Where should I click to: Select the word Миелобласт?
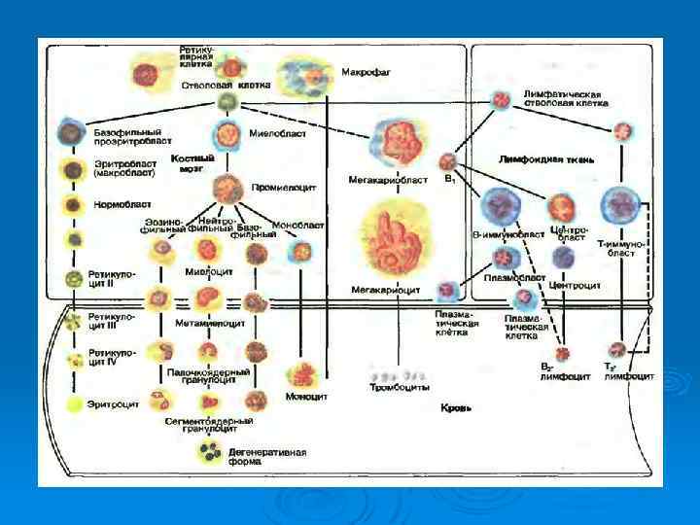(x=277, y=133)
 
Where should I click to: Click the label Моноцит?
(x=306, y=397)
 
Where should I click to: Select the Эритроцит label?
(x=115, y=401)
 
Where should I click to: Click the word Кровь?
(x=455, y=408)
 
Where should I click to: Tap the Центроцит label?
(x=574, y=286)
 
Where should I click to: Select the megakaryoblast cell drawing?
(x=396, y=139)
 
